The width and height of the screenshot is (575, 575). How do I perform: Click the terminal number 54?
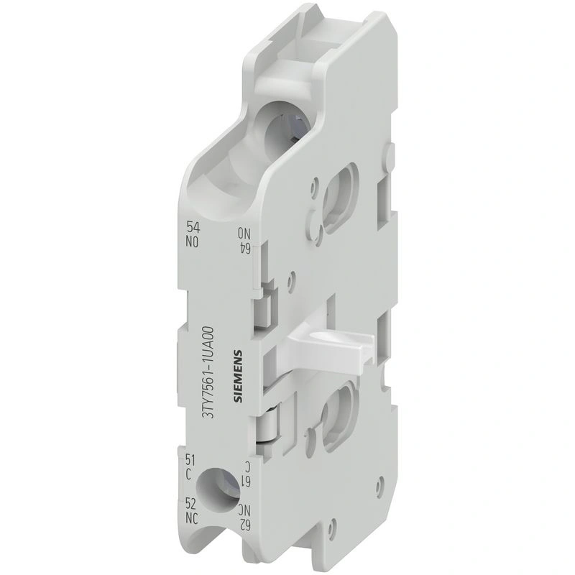click(193, 228)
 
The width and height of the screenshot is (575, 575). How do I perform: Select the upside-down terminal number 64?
click(244, 248)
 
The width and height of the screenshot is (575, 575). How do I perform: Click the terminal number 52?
click(191, 505)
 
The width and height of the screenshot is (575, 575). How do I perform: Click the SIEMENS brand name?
click(238, 378)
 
